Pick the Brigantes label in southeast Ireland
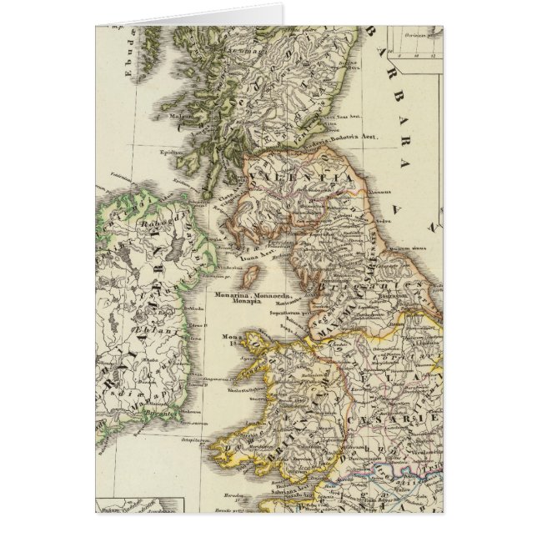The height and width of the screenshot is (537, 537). point(178,401)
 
